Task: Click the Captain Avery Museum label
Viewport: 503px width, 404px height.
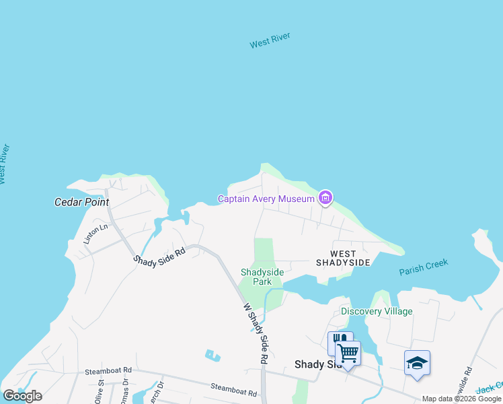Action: pyautogui.click(x=266, y=199)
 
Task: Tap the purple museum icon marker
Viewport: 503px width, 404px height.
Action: pyautogui.click(x=325, y=198)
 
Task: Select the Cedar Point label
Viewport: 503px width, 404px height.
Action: pyautogui.click(x=81, y=202)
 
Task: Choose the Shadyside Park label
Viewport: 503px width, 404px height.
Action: pyautogui.click(x=262, y=277)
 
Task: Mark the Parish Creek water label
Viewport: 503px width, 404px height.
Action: pyautogui.click(x=423, y=267)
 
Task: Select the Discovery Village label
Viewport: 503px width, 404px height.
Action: pyautogui.click(x=377, y=311)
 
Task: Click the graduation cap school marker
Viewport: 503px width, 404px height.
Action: pyautogui.click(x=417, y=363)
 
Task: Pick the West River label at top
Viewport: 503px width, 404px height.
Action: pyautogui.click(x=270, y=40)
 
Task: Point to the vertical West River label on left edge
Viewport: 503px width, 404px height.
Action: pyautogui.click(x=4, y=164)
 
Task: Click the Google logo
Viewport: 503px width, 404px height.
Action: pyautogui.click(x=22, y=396)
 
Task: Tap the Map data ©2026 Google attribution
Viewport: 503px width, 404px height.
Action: pyautogui.click(x=461, y=399)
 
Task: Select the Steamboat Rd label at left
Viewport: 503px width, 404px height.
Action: pyautogui.click(x=108, y=371)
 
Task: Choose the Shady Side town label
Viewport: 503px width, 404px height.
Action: pyautogui.click(x=316, y=364)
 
